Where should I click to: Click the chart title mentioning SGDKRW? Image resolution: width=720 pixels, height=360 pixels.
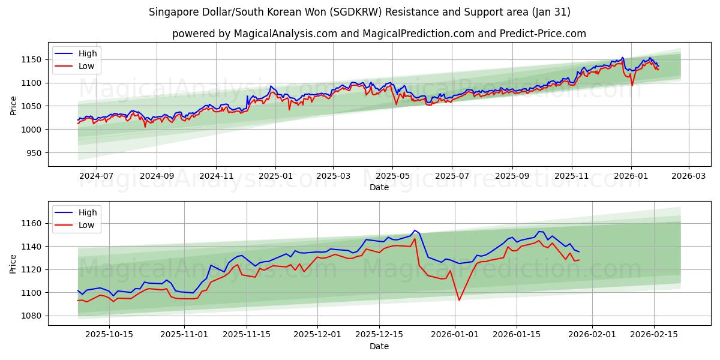click(359, 12)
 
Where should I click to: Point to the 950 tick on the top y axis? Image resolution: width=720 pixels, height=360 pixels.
click(34, 153)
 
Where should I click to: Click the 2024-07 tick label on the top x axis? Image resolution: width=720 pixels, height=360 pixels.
click(96, 176)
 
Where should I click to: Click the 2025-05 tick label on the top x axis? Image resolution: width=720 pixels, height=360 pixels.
click(392, 176)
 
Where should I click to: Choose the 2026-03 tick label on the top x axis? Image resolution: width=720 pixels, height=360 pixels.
click(688, 176)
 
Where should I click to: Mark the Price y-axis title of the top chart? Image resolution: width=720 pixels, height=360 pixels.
click(13, 104)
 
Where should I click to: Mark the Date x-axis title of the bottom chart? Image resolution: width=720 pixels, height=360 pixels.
click(379, 346)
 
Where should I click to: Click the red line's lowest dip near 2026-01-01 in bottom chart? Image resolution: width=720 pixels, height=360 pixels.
click(459, 300)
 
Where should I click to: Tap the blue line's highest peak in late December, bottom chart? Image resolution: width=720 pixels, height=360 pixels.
click(414, 230)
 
